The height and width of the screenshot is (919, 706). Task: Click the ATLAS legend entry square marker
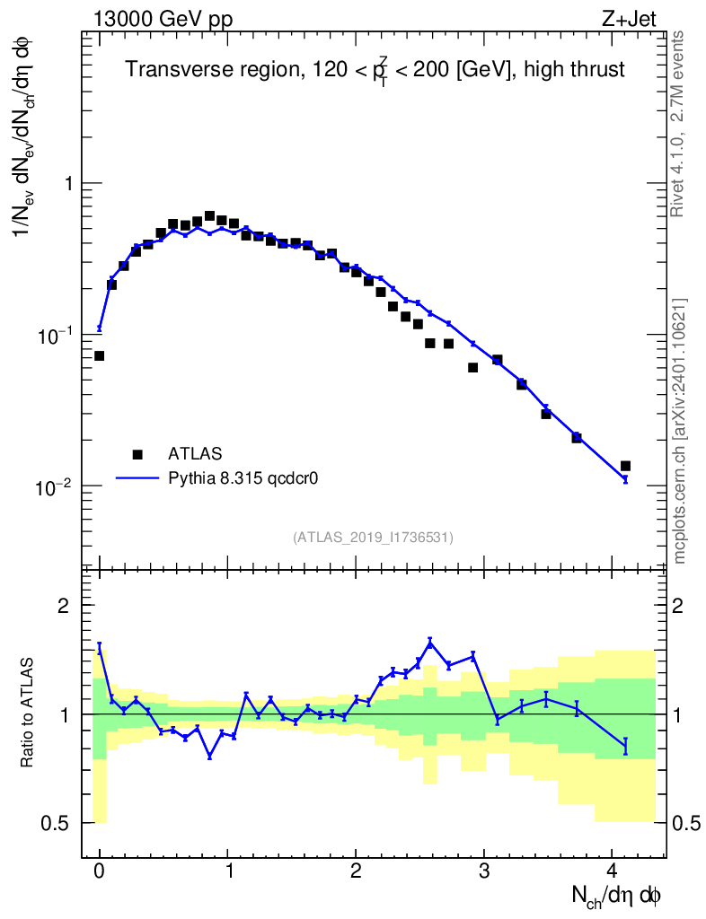(137, 453)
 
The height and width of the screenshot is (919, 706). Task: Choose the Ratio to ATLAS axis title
(29, 713)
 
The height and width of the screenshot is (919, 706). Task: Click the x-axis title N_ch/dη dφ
(618, 895)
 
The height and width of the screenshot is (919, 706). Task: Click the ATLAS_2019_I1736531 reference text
(373, 537)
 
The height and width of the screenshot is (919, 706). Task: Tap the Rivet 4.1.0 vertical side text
(679, 122)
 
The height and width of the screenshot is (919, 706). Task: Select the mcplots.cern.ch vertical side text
(680, 431)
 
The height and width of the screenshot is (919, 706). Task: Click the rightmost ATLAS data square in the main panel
(625, 466)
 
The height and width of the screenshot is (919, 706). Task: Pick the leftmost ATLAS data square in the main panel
(99, 355)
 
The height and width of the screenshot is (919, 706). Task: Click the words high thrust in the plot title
(581, 69)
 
